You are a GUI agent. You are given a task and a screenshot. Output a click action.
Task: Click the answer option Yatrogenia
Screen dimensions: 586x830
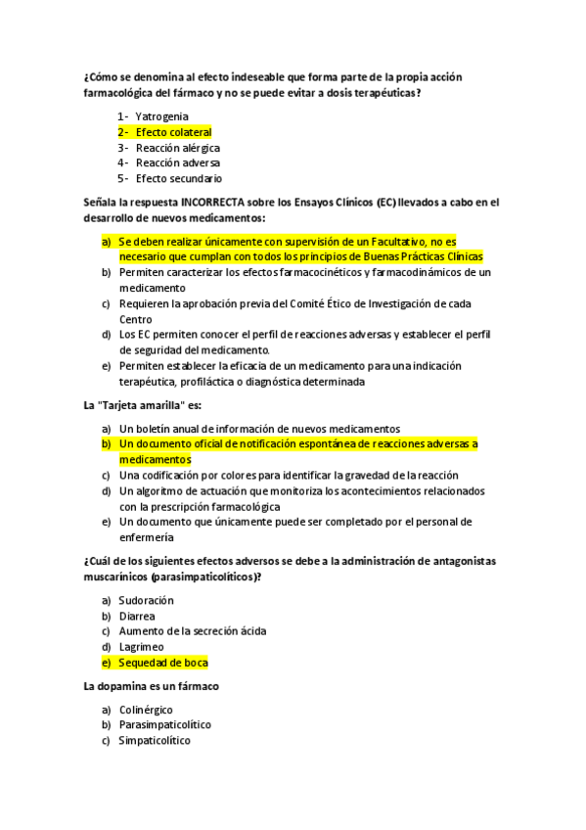(x=161, y=116)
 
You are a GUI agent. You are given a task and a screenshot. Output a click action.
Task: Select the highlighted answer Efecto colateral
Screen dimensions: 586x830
(x=173, y=132)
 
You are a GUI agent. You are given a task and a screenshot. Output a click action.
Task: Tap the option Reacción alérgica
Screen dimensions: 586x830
(x=177, y=148)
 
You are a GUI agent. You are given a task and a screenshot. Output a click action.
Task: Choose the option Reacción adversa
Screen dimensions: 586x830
(x=177, y=163)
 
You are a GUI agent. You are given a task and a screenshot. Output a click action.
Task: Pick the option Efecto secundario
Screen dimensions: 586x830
(x=178, y=179)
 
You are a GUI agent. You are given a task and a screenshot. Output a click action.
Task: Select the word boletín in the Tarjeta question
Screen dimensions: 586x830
(x=155, y=429)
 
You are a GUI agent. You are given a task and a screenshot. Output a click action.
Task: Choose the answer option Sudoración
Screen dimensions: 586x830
(x=146, y=600)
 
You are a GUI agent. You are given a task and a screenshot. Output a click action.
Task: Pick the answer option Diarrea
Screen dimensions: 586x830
(x=136, y=616)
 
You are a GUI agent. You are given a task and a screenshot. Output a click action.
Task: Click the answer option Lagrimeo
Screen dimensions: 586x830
(x=140, y=647)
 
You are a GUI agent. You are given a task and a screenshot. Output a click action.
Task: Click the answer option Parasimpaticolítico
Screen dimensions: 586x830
(x=164, y=725)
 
